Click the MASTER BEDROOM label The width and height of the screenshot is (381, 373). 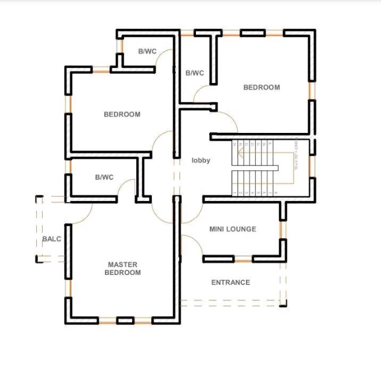(122, 268)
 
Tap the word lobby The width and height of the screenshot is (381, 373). (201, 161)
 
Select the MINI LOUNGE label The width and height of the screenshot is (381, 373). (233, 229)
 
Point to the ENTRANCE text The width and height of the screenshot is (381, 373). (230, 282)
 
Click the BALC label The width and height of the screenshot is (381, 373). (52, 239)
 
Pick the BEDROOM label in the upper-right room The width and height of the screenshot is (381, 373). (262, 87)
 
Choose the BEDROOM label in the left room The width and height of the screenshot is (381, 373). (122, 114)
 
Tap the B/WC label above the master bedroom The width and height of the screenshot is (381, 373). (104, 177)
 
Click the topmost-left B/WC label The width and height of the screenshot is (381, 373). (147, 52)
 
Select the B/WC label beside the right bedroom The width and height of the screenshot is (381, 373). (195, 73)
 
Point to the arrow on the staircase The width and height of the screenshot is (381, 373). (241, 155)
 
